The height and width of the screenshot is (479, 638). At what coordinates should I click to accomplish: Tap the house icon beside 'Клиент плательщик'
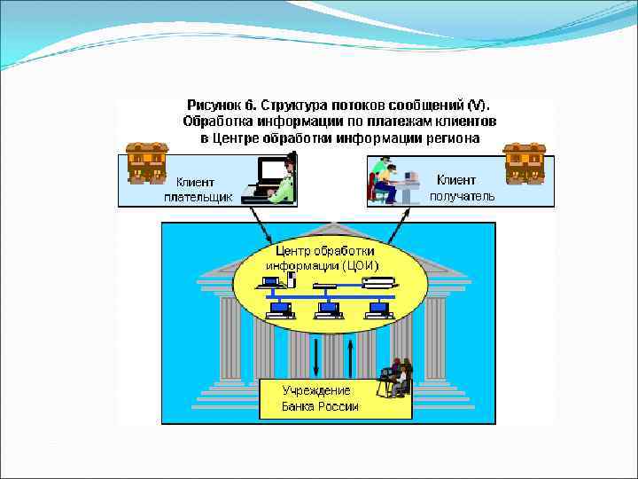point(146,162)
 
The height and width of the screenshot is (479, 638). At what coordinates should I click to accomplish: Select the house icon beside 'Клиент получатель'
point(524,162)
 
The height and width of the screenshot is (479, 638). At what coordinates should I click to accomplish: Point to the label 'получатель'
point(462,196)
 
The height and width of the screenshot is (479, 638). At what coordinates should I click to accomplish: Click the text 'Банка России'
point(320,406)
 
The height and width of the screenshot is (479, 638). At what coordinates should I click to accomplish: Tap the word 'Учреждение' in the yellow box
point(316,390)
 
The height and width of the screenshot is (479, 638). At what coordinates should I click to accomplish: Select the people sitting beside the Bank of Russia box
point(395,377)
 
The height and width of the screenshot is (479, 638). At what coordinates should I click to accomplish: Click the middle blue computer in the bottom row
point(329,310)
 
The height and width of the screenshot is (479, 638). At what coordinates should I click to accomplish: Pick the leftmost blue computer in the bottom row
point(279,310)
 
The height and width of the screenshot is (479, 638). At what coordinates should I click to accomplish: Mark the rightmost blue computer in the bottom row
point(379,310)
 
